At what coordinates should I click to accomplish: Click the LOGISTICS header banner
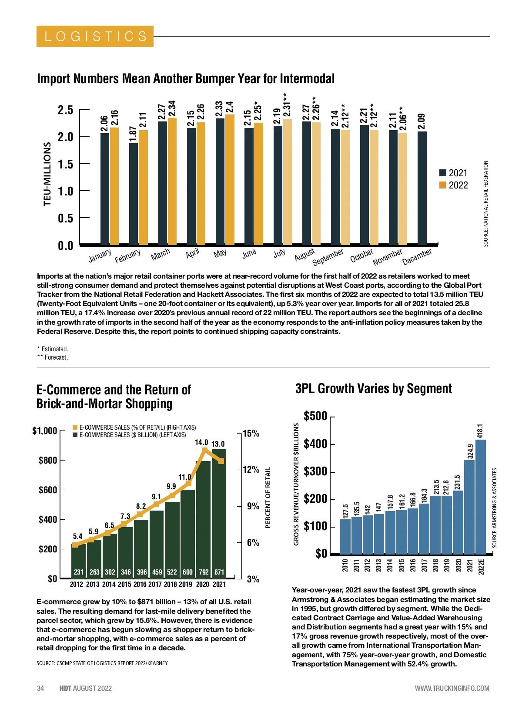(95, 36)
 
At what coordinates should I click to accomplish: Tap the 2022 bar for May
(230, 179)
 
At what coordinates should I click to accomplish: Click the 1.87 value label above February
(133, 134)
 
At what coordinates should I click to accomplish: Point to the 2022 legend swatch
(443, 185)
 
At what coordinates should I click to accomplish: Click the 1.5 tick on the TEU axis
(66, 164)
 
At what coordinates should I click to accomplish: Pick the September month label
(328, 257)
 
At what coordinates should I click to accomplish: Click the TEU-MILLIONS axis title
(47, 173)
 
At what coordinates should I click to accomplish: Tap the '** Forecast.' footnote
(53, 357)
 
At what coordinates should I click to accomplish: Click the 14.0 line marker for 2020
(204, 450)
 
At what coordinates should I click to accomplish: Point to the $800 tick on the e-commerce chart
(48, 461)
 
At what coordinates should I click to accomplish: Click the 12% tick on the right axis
(251, 470)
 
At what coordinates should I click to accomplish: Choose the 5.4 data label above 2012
(77, 536)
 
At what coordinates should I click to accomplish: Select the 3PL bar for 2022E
(481, 496)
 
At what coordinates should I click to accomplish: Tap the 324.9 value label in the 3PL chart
(470, 451)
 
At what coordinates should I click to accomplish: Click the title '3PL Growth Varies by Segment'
(374, 388)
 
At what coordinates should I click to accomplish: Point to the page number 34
(40, 688)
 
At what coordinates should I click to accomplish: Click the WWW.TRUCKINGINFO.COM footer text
(452, 688)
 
